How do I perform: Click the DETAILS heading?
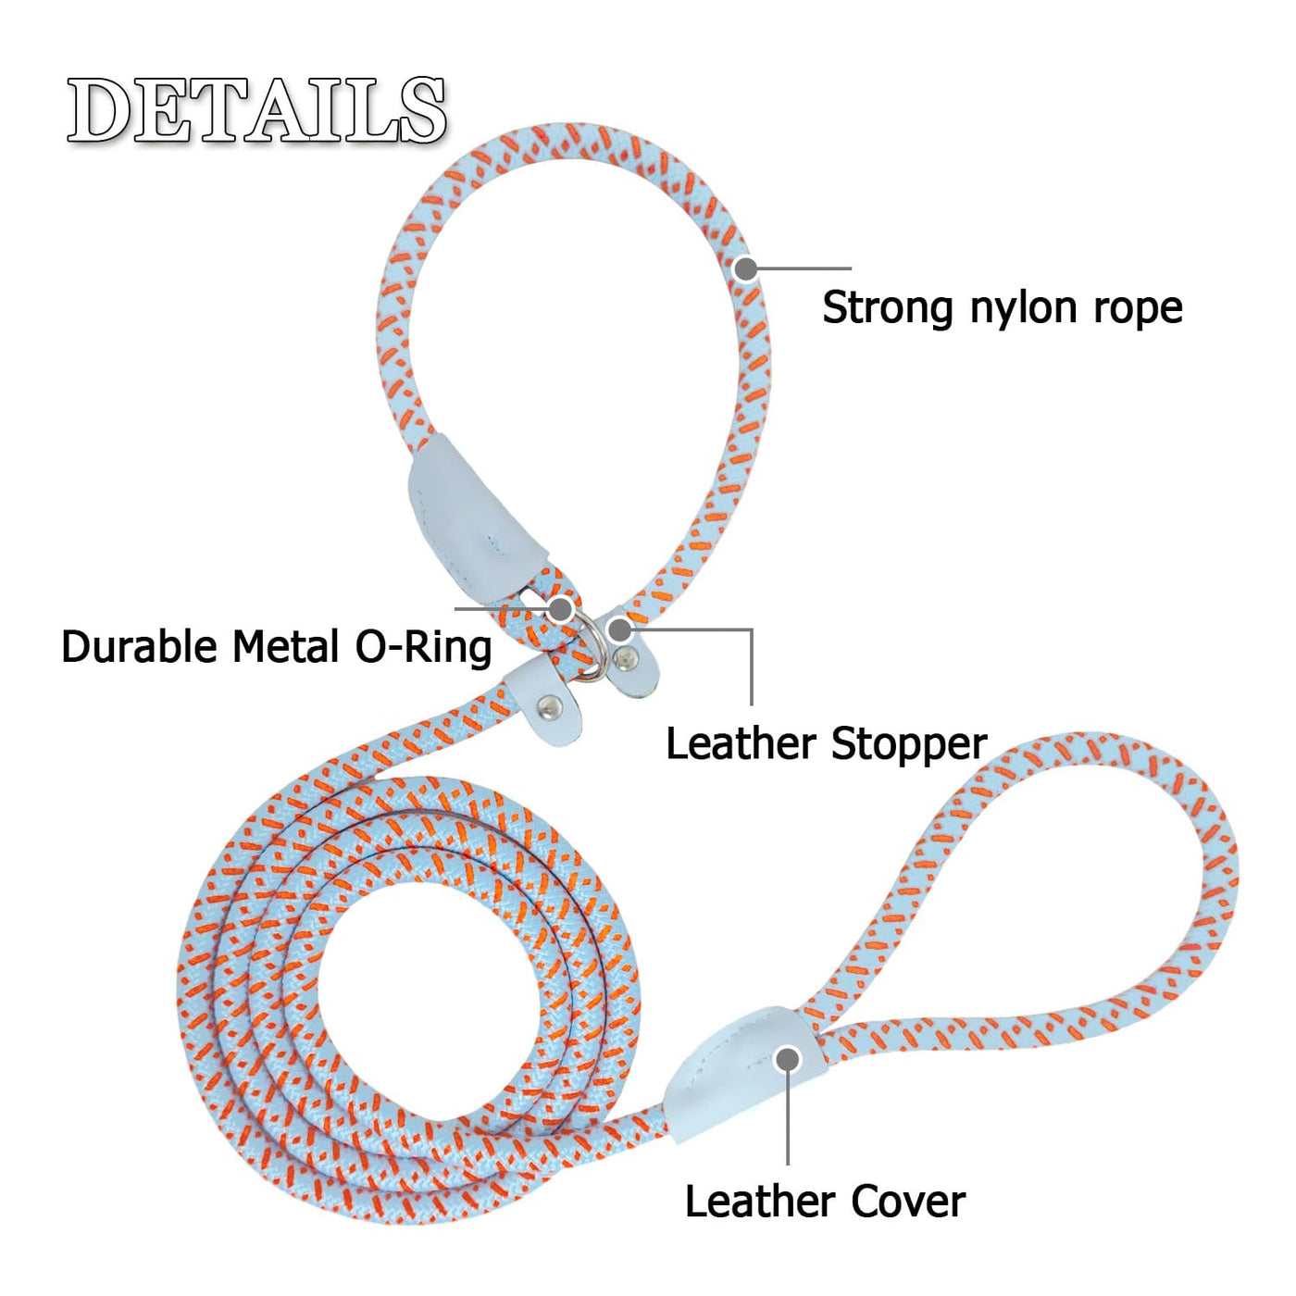(x=256, y=111)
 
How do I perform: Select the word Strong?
(x=888, y=307)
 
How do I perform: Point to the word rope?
(x=1138, y=309)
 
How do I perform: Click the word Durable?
(x=141, y=646)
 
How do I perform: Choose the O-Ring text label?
(x=424, y=646)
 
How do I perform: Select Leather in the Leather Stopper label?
(x=741, y=743)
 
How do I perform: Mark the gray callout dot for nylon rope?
(x=745, y=268)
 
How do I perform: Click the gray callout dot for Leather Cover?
(x=788, y=1059)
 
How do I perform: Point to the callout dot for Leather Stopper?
(x=619, y=630)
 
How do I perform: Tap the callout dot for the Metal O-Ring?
(x=559, y=608)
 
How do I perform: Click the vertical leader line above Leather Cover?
(x=788, y=1120)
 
